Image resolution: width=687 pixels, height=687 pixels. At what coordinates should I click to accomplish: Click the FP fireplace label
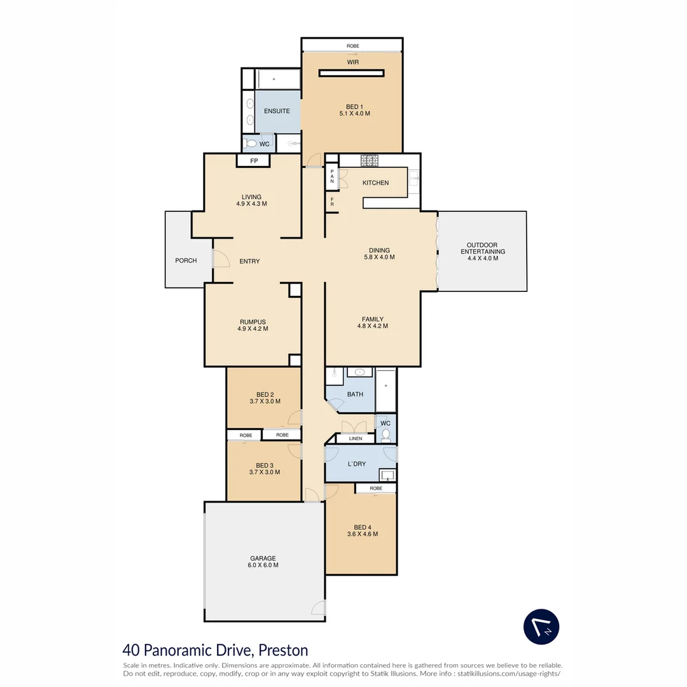[254, 161]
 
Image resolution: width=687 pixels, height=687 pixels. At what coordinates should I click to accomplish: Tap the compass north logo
[541, 627]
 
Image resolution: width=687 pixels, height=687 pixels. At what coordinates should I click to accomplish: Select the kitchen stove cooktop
[370, 160]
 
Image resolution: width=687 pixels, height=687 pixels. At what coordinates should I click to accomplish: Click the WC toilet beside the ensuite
[251, 143]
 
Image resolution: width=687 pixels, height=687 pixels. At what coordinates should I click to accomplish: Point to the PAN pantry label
[332, 176]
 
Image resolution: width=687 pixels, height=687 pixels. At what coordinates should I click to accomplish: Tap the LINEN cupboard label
[356, 438]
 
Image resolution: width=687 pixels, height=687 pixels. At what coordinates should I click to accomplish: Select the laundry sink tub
[388, 475]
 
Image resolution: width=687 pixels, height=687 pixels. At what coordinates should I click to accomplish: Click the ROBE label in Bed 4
[376, 488]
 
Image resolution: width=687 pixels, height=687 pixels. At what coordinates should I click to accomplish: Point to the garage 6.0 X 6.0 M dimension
[263, 566]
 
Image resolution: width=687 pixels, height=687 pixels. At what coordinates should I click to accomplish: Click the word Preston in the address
[283, 650]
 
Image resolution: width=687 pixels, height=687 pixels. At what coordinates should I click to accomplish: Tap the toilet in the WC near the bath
[385, 434]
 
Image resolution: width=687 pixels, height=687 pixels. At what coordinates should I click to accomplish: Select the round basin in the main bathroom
[359, 372]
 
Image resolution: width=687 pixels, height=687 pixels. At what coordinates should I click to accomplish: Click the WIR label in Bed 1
[352, 62]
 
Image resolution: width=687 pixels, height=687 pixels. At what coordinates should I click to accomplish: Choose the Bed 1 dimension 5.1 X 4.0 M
[354, 113]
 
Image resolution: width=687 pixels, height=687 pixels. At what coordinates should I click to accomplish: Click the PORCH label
[186, 261]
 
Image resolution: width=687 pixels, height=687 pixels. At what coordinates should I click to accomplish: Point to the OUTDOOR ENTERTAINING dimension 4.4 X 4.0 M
[482, 258]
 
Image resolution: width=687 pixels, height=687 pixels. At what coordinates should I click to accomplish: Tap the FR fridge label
[332, 202]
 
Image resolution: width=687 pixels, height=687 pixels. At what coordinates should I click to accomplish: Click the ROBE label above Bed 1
[352, 46]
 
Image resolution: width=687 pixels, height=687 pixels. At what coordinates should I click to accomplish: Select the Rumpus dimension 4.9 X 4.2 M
[253, 329]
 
